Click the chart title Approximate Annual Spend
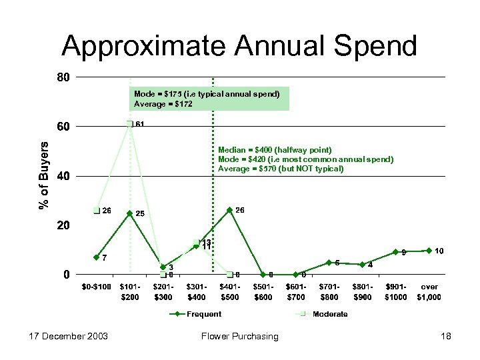(x=239, y=46)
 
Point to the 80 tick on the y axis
(x=61, y=77)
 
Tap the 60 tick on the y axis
(x=61, y=126)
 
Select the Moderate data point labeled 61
(x=129, y=124)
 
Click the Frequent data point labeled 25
(x=129, y=213)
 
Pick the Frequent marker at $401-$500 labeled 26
(x=229, y=210)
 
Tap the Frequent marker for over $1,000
(x=429, y=251)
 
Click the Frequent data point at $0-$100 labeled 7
(x=97, y=257)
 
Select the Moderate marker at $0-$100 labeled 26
(x=97, y=211)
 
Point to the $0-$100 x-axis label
(x=97, y=287)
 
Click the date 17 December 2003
(x=61, y=336)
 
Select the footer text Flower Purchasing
(x=239, y=336)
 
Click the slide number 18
(x=445, y=336)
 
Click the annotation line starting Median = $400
(x=275, y=150)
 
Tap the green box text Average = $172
(x=163, y=104)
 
